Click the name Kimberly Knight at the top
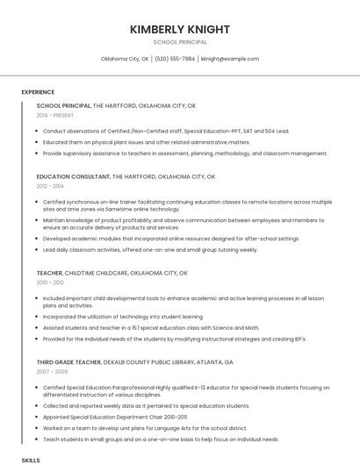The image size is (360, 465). (x=180, y=29)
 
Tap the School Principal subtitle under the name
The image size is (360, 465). (x=180, y=42)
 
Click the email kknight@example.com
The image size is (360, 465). (x=230, y=59)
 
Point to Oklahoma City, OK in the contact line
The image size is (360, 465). (x=125, y=59)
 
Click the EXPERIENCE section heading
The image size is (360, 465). (x=38, y=92)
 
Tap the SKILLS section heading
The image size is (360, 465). (x=31, y=460)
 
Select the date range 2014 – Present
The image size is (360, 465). (x=54, y=115)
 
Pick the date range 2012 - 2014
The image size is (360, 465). (x=50, y=186)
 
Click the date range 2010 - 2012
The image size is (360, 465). (x=50, y=283)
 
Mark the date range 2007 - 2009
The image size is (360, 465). (x=51, y=372)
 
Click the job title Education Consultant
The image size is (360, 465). (x=75, y=176)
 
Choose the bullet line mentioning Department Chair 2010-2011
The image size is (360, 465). (x=115, y=418)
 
